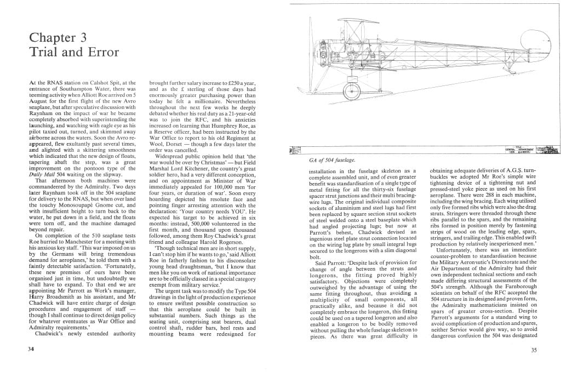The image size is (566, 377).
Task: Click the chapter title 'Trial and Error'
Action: pos(73,53)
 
